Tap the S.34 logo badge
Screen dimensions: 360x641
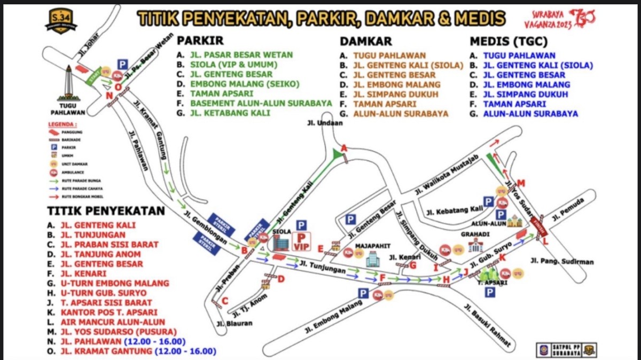pos(60,21)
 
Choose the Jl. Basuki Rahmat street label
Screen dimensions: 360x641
pos(488,325)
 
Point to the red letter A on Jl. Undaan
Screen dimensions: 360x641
pos(345,148)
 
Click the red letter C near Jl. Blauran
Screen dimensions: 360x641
pos(225,301)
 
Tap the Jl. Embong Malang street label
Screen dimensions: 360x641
pos(331,316)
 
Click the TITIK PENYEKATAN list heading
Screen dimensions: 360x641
pos(106,211)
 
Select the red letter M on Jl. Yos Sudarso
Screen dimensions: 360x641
pos(521,184)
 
